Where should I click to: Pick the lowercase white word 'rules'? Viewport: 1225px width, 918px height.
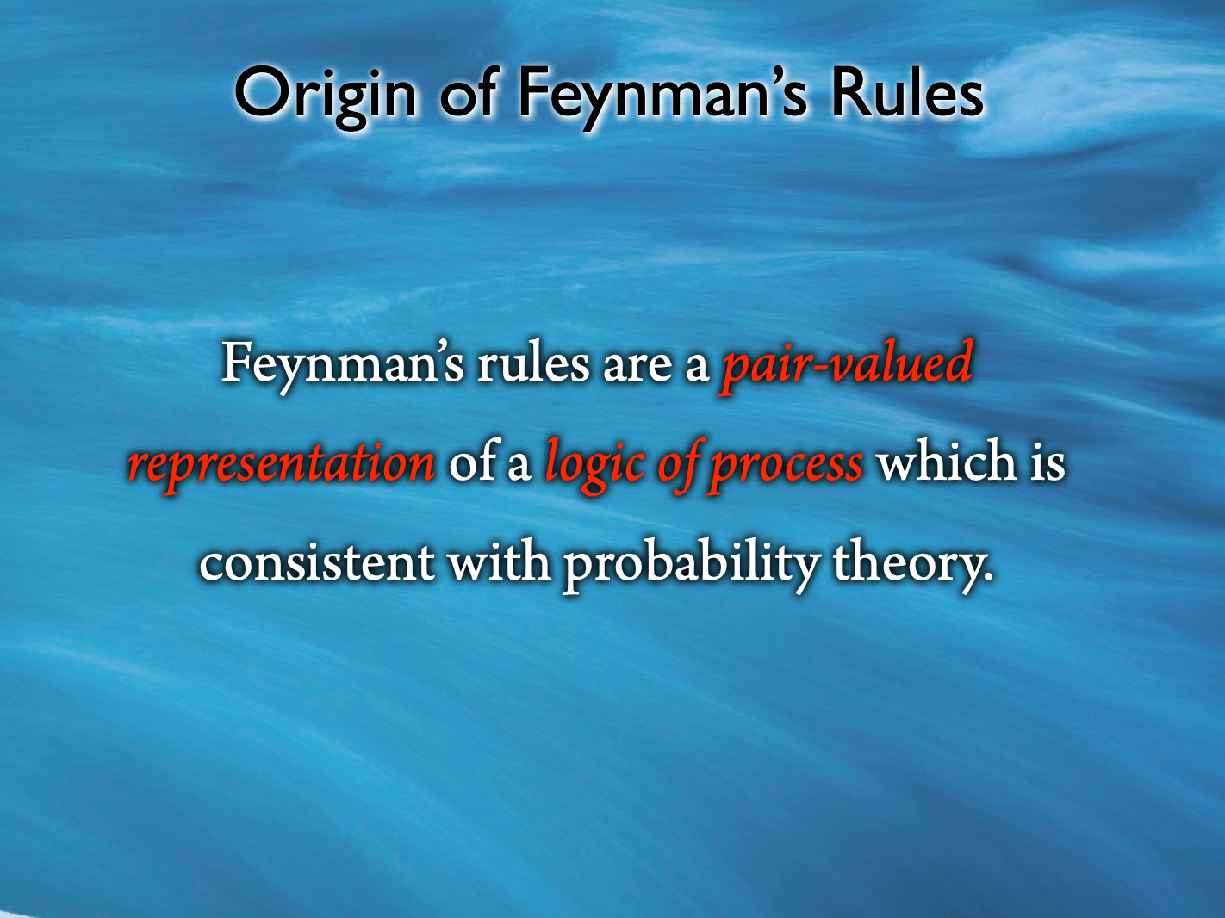(x=533, y=364)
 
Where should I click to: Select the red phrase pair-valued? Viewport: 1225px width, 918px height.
(x=847, y=364)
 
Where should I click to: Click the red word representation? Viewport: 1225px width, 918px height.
(x=282, y=463)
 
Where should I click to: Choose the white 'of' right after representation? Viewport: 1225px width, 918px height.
(x=471, y=462)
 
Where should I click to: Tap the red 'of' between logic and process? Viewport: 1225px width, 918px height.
(x=682, y=463)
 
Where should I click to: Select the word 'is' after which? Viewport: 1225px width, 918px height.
(x=1048, y=462)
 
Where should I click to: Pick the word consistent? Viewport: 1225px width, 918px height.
(x=317, y=562)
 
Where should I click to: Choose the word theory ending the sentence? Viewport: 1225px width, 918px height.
(x=912, y=563)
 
